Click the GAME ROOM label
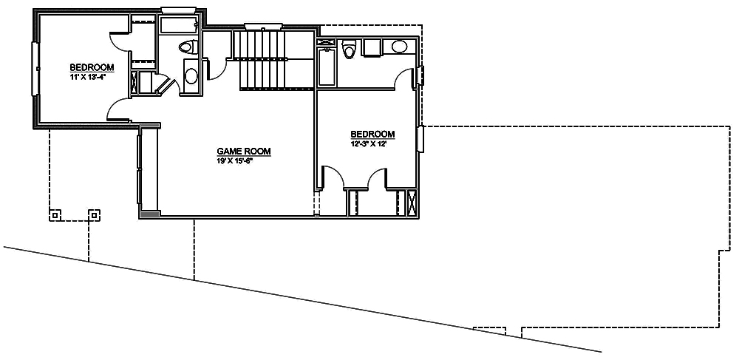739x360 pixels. pos(243,152)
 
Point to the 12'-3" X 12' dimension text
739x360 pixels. pos(369,144)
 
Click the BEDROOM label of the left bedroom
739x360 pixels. pos(92,67)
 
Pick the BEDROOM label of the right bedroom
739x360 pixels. pos(372,135)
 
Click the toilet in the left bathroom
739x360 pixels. pos(188,48)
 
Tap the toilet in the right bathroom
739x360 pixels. pos(350,50)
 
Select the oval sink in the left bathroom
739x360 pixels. pos(191,75)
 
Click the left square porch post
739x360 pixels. pos(55,215)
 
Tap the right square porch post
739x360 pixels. pos(94,215)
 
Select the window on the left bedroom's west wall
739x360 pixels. pos(34,69)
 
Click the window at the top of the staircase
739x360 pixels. pos(259,27)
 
